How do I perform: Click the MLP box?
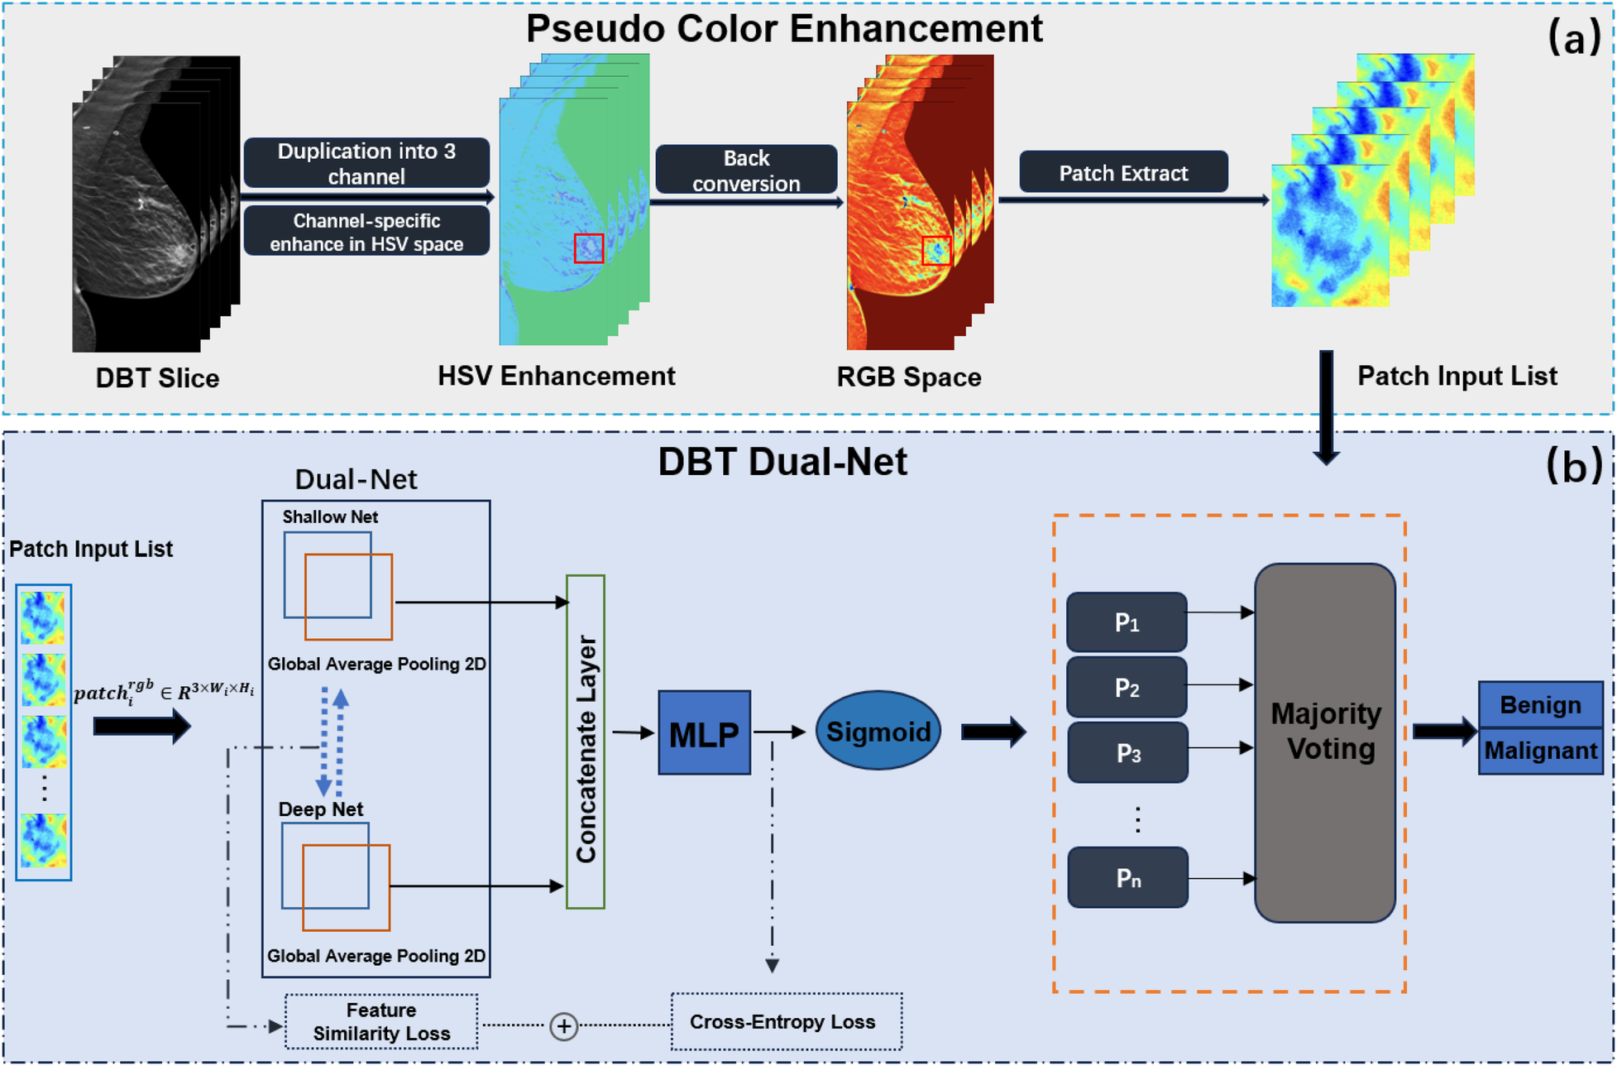tap(704, 733)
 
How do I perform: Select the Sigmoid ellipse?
tap(878, 732)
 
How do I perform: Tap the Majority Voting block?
tap(1324, 742)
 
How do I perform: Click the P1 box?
tap(1127, 622)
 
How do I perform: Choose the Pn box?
tap(1127, 877)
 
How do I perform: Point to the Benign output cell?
tap(1540, 704)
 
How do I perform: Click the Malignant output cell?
tap(1540, 751)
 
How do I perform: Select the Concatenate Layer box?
tap(586, 742)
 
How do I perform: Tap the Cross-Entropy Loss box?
tap(786, 1022)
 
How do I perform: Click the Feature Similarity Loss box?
tap(381, 1022)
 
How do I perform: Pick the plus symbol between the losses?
tap(563, 1026)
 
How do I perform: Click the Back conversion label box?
tap(746, 170)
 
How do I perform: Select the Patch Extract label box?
tap(1122, 172)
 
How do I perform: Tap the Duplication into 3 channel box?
tap(366, 163)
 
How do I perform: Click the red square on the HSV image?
tap(589, 248)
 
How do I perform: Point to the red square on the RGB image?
tap(936, 250)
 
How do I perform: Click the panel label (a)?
tap(1573, 37)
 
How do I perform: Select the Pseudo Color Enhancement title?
tap(784, 29)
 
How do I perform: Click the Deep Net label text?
tap(321, 809)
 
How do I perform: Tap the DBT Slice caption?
tap(157, 378)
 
